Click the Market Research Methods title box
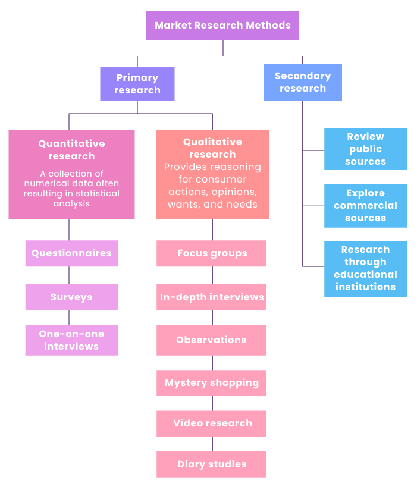pos(222,26)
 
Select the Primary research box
pos(137,84)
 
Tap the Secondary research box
pos(303,82)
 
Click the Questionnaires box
pos(71,253)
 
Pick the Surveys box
pos(71,297)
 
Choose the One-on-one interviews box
pos(71,340)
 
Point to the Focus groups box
pos(212,253)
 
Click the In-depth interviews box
pos(212,297)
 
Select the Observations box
pos(212,340)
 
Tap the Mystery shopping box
pos(212,383)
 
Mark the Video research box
pos(212,423)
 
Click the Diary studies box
pos(212,464)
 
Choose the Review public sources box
pos(365,149)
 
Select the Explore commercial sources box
pos(365,206)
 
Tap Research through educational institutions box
pos(365,268)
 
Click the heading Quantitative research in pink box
pos(71,150)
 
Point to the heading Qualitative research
pos(212,148)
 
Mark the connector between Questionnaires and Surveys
pos(69,275)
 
